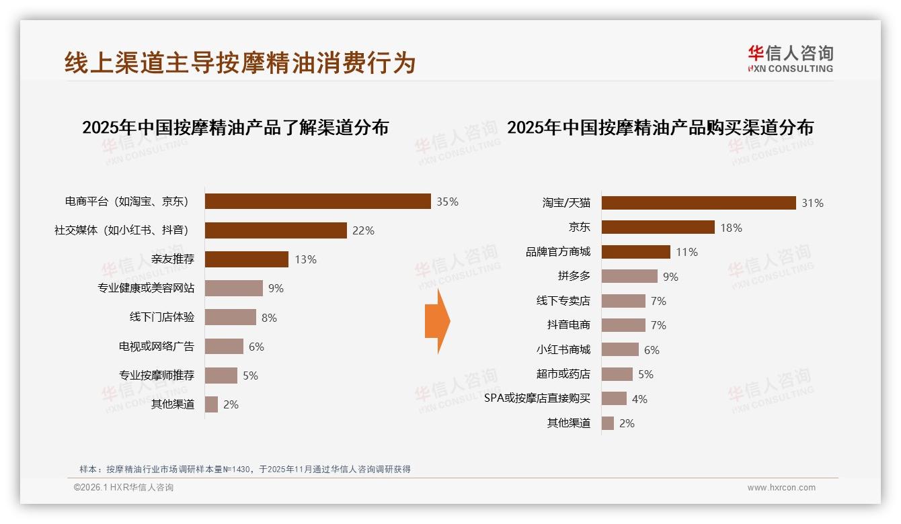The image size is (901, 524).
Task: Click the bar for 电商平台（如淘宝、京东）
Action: (317, 202)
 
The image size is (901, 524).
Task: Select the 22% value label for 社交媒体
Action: (363, 230)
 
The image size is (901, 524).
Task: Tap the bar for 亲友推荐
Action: (247, 259)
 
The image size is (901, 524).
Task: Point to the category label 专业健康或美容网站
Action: (146, 288)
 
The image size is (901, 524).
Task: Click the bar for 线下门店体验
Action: (231, 317)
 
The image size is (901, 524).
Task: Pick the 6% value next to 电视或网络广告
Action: (256, 347)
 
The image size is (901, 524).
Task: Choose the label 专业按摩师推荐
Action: (157, 375)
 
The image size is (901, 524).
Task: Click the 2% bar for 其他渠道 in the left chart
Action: (211, 404)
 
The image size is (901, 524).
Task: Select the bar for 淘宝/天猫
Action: (699, 203)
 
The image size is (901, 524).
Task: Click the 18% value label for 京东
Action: (731, 228)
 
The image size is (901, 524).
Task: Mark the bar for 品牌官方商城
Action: (635, 252)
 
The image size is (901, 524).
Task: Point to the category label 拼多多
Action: (574, 276)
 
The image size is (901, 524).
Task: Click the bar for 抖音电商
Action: (623, 325)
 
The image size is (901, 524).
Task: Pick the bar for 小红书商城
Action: (620, 349)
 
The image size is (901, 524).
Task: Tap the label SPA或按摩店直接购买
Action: (537, 398)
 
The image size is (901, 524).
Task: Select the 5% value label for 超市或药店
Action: (645, 374)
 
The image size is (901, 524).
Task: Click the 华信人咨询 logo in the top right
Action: (790, 58)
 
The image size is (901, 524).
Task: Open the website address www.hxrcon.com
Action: (781, 488)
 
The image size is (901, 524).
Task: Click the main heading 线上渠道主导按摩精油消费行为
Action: (240, 62)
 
